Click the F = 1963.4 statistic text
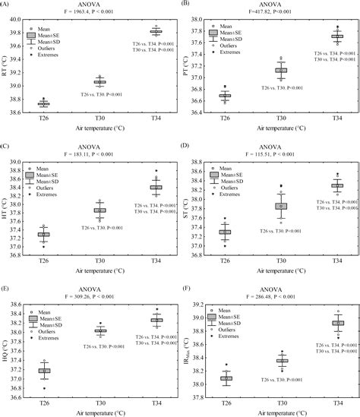click(x=97, y=12)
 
